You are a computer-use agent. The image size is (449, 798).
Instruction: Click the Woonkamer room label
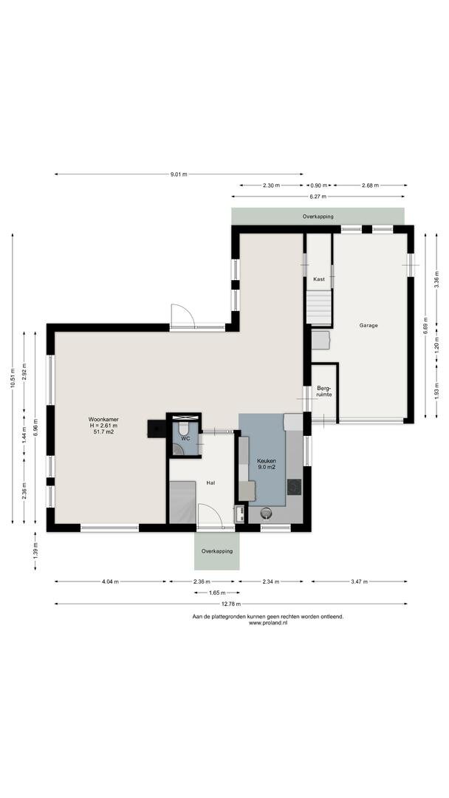point(103,420)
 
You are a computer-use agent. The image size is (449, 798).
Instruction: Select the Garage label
point(369,325)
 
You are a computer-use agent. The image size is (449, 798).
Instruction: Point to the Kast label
point(319,279)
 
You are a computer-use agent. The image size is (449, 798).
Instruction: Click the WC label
point(185,438)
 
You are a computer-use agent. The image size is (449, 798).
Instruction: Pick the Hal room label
point(210,482)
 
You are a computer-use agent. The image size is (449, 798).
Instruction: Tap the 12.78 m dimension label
point(230,604)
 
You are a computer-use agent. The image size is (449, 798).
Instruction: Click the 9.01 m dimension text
point(179,174)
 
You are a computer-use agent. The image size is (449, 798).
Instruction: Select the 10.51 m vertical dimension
point(13,378)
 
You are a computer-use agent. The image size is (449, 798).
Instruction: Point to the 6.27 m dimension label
point(318,197)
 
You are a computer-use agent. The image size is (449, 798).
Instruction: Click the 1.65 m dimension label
point(216,593)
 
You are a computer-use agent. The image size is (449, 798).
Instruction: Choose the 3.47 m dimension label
point(358,582)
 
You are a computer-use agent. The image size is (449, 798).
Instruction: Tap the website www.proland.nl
point(268,623)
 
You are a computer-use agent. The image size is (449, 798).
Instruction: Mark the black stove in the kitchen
point(294,486)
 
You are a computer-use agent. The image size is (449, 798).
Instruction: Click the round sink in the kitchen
point(266,514)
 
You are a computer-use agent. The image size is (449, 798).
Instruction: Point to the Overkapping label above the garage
point(318,216)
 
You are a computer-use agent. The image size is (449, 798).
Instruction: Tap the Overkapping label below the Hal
point(216,551)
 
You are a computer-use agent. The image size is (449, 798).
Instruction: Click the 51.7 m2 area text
point(103,432)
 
